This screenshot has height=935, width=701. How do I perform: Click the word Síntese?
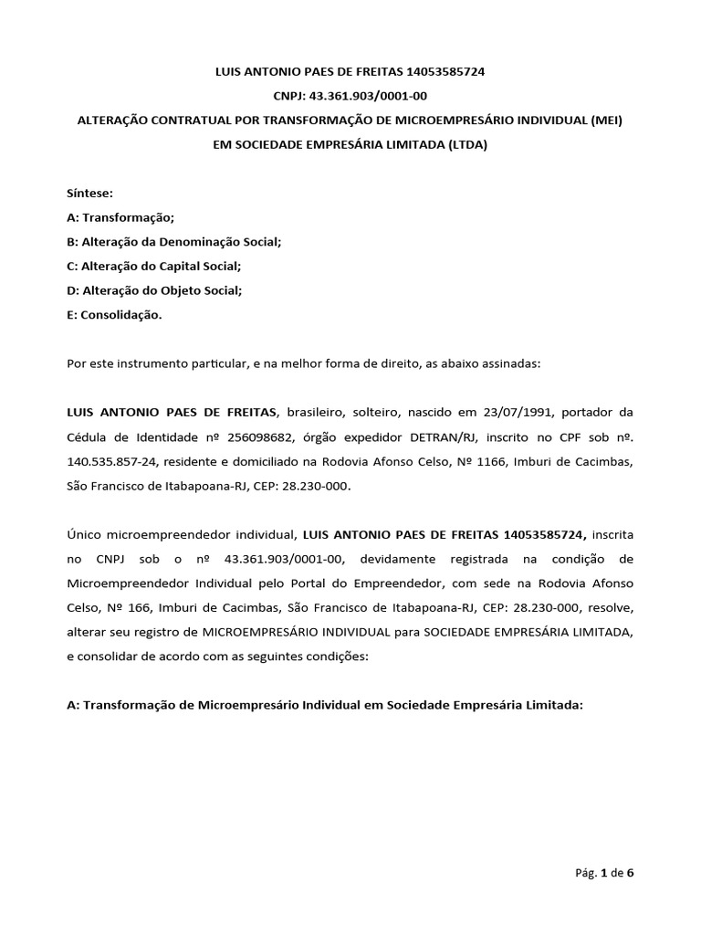(89, 194)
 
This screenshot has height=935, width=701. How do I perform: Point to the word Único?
(88, 533)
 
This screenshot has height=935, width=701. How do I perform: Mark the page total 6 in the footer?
(630, 872)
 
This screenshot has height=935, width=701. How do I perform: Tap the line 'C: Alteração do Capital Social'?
(154, 267)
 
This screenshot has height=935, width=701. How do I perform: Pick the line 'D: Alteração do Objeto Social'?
(154, 290)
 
